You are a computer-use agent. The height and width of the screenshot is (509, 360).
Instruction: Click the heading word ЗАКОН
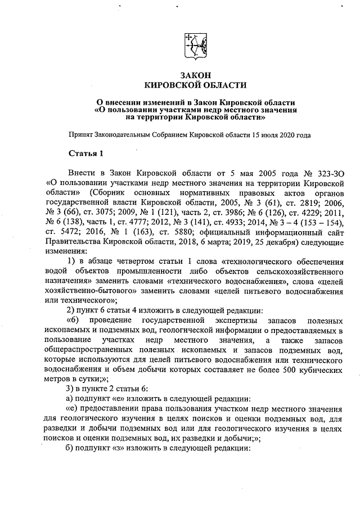195,75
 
